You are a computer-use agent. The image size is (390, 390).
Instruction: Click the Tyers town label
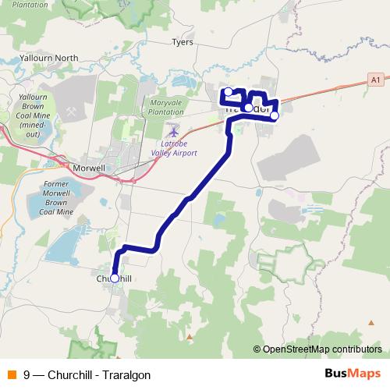(x=182, y=43)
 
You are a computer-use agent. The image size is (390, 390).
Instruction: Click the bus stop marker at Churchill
(x=115, y=278)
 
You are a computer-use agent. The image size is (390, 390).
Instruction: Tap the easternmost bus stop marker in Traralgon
(x=274, y=115)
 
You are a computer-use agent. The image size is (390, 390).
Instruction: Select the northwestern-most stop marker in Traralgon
(x=228, y=92)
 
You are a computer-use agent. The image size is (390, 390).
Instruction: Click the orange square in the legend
(x=12, y=374)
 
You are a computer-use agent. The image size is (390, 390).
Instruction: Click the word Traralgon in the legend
(x=124, y=374)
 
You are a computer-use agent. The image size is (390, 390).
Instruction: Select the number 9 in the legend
(x=27, y=374)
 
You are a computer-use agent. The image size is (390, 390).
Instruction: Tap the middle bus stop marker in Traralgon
(x=248, y=108)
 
